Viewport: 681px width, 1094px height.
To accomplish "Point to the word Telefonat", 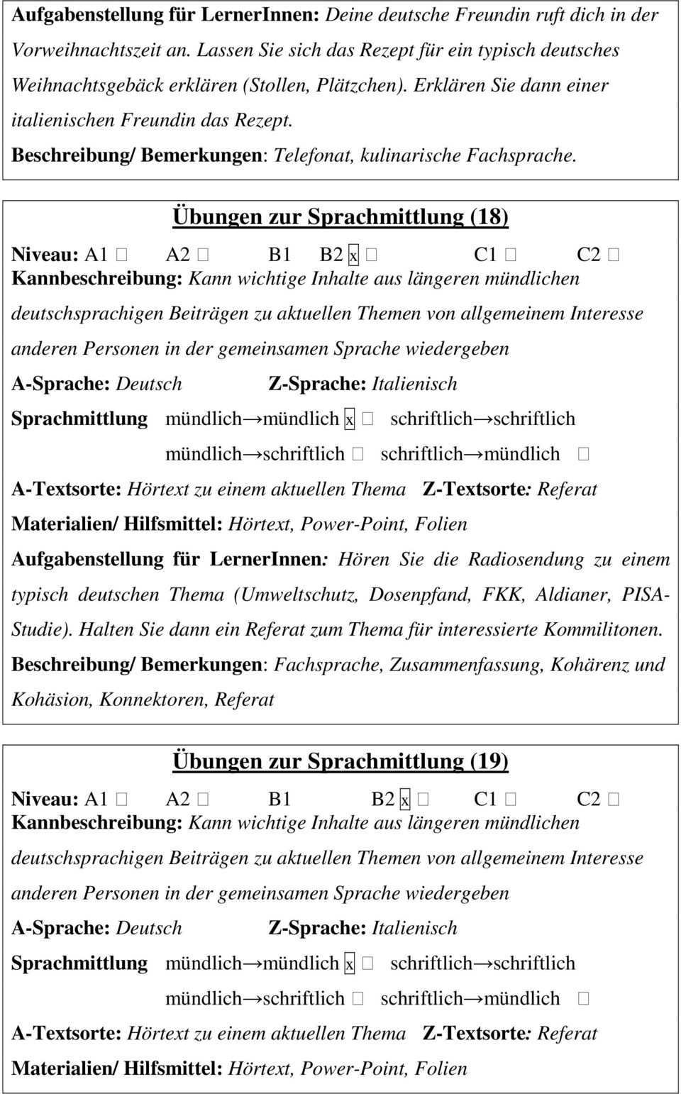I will [314, 155].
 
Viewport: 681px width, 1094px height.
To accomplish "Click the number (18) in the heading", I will [489, 216].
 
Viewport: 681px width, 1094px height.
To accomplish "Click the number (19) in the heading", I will [489, 761].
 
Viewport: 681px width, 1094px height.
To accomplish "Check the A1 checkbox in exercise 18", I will [121, 255].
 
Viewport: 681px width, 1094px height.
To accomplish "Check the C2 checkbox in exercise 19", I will [614, 800].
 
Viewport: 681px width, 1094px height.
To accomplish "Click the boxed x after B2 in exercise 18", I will [353, 255].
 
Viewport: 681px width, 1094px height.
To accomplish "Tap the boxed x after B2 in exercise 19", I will [405, 800].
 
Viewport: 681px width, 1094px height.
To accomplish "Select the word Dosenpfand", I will [420, 595].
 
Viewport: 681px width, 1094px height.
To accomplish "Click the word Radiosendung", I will [526, 560].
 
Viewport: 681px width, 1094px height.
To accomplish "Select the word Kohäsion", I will [52, 700].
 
